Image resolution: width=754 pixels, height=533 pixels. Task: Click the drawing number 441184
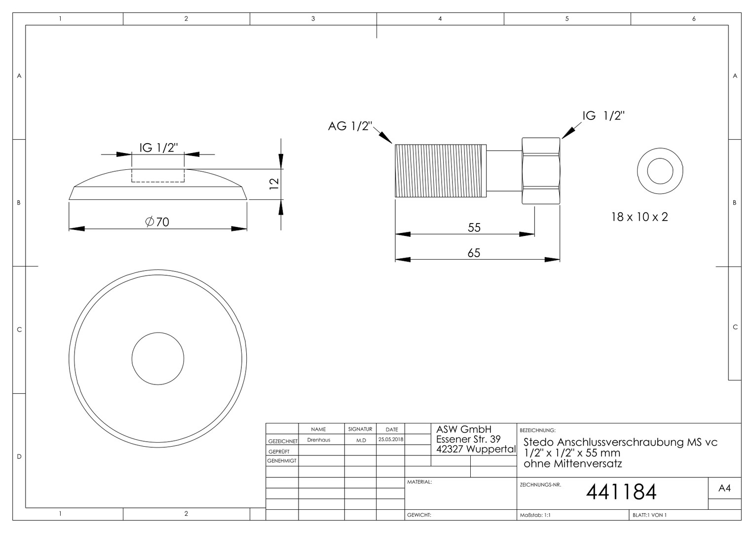click(621, 492)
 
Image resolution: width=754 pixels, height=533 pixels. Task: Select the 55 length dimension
click(474, 228)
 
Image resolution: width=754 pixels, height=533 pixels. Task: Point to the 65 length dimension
click(474, 253)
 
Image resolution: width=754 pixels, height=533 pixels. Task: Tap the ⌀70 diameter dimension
click(157, 222)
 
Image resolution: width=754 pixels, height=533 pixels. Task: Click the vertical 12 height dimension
click(274, 184)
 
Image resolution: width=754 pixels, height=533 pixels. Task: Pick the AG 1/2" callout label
click(350, 126)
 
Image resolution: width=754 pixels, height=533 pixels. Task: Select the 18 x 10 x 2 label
click(640, 217)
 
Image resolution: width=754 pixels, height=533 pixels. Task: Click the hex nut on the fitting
click(541, 171)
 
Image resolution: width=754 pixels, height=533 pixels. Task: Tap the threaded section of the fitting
click(441, 171)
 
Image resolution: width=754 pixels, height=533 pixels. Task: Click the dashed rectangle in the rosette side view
click(158, 182)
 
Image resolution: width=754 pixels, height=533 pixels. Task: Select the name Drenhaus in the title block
click(318, 440)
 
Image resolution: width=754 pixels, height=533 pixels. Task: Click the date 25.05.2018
click(390, 439)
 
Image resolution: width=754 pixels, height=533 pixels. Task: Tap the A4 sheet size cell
click(724, 488)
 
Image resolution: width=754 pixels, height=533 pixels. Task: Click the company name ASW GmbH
click(464, 429)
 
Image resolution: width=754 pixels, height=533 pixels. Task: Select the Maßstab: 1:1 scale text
click(535, 515)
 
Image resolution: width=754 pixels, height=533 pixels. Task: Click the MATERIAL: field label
click(419, 482)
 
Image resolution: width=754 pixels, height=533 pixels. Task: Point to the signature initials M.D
click(361, 440)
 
